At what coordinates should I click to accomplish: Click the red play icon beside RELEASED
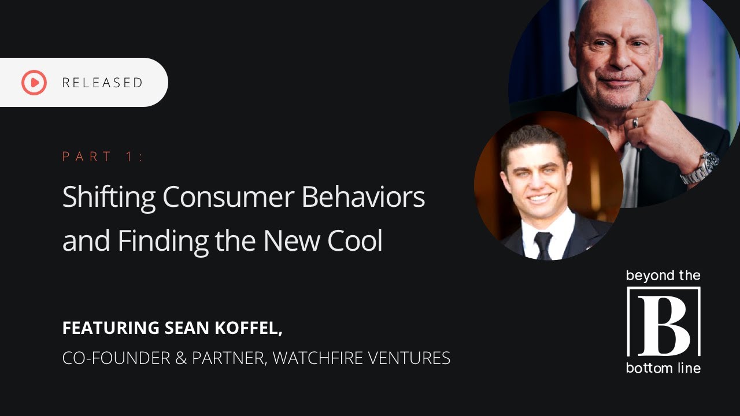pos(34,83)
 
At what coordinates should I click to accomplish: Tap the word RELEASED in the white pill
pos(102,83)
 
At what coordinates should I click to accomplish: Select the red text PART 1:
pos(103,157)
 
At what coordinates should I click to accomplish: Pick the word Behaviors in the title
pos(363,198)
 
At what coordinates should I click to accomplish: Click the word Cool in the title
pos(355,241)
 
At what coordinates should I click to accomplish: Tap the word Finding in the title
pos(163,241)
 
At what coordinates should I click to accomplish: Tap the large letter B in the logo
pos(664,322)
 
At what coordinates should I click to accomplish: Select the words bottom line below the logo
pos(663,368)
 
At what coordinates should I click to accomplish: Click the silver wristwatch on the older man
pos(701,168)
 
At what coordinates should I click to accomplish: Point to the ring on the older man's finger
pos(635,122)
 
